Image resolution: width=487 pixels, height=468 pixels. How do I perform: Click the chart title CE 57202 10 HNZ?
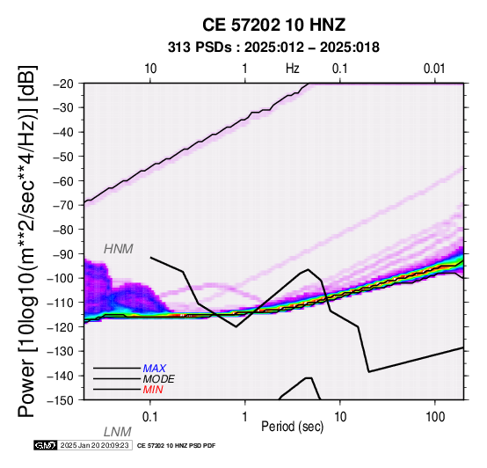(273, 25)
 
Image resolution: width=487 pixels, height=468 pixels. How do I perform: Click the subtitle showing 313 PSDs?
(273, 48)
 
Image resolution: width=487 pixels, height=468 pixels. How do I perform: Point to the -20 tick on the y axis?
(64, 84)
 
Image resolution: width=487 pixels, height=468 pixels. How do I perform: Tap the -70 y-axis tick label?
(64, 206)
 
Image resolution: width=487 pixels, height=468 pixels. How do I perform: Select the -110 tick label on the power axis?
(62, 303)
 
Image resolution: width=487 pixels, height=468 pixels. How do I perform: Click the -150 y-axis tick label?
(62, 400)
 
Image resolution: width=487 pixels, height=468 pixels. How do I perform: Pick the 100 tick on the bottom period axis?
(435, 417)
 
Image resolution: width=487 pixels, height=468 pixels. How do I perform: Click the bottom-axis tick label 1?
(245, 417)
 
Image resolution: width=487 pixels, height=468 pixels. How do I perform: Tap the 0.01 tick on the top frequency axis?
(434, 69)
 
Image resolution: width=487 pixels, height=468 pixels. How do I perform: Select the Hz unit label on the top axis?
(293, 69)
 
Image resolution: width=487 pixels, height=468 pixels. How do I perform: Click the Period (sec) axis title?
(292, 427)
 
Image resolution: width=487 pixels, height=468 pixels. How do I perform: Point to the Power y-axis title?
(27, 241)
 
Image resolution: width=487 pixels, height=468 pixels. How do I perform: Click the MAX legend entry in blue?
(155, 369)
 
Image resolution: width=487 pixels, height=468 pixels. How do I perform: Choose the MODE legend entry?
(159, 379)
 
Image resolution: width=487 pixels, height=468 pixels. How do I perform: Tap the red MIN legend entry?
(153, 390)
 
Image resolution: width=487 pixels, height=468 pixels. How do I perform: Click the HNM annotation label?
(119, 249)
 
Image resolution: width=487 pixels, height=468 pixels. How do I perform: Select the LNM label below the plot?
(118, 432)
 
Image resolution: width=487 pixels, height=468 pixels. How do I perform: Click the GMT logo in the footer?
(46, 446)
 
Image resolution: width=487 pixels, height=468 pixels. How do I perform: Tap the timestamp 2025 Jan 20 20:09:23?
(94, 446)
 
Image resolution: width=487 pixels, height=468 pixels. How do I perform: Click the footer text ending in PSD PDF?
(176, 446)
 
